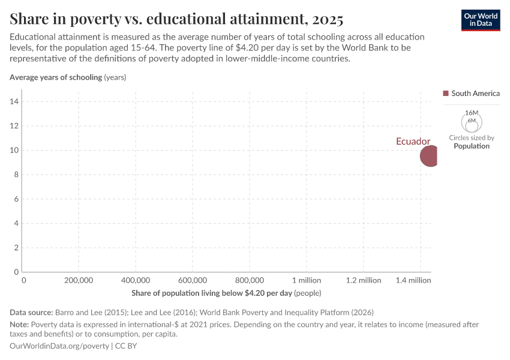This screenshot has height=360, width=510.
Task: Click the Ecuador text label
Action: (413, 142)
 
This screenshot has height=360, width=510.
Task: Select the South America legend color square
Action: (446, 94)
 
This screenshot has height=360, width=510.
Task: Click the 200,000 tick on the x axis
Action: (78, 280)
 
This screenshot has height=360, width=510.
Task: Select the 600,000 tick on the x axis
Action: (193, 280)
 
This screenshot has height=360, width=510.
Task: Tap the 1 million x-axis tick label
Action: (306, 280)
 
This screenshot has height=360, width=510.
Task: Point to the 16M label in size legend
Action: (472, 113)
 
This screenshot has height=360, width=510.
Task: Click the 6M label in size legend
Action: (472, 121)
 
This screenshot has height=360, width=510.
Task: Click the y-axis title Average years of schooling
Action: (56, 77)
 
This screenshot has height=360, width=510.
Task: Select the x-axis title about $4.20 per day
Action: (211, 293)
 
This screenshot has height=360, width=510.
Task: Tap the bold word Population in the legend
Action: (472, 146)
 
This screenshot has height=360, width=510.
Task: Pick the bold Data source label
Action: (31, 313)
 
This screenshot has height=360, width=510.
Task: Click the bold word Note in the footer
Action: (19, 325)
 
